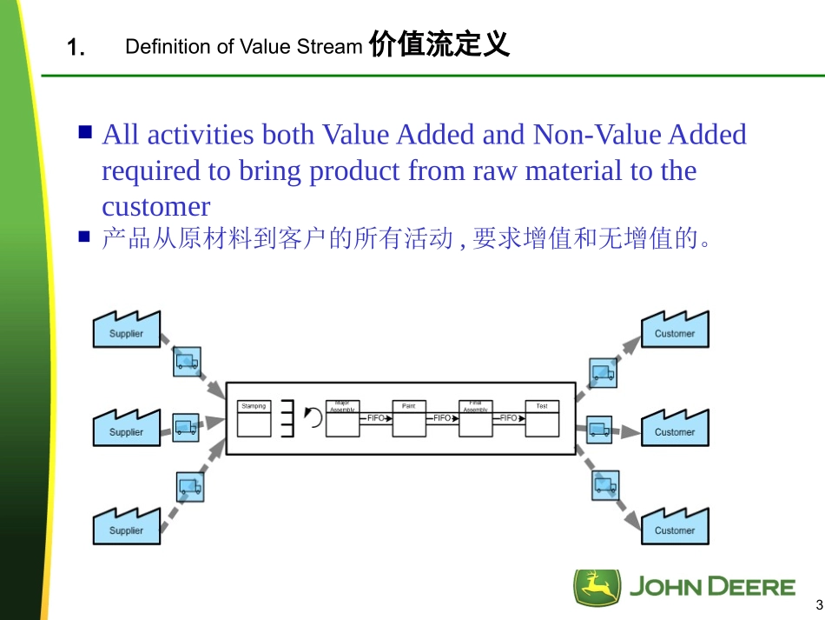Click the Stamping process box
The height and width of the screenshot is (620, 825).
(254, 418)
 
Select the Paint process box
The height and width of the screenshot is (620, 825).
(409, 418)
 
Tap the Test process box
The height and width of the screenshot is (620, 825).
(542, 418)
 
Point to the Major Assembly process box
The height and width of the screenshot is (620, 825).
(342, 418)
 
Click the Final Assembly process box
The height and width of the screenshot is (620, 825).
(475, 418)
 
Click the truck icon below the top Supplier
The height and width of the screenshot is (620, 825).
(186, 361)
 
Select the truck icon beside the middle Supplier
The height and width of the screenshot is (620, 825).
(185, 428)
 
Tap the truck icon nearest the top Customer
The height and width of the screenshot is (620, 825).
(603, 373)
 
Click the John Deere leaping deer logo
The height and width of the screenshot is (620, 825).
(597, 588)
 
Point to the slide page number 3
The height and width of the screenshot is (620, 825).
(818, 606)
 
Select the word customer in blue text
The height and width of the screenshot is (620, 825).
(155, 207)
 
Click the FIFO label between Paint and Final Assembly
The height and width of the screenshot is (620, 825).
(442, 418)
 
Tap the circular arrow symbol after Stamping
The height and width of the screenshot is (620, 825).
(313, 417)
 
